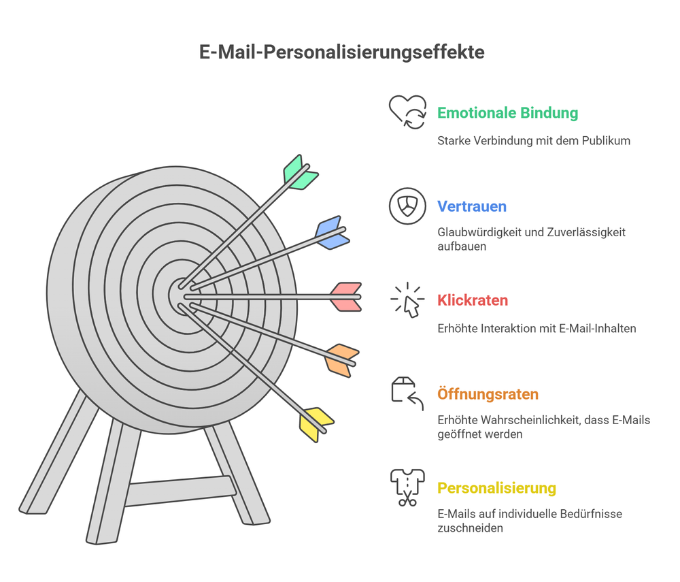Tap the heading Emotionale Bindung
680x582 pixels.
click(x=507, y=113)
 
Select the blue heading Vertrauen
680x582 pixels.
click(x=471, y=206)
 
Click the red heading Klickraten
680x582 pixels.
click(x=473, y=300)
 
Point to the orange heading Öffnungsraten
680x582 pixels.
click(x=488, y=394)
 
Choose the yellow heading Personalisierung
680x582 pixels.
click(x=496, y=488)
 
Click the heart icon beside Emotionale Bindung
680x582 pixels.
click(x=407, y=112)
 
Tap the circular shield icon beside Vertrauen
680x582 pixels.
click(x=407, y=206)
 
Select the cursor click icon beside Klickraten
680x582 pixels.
click(x=408, y=300)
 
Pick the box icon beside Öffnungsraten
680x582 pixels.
click(x=407, y=393)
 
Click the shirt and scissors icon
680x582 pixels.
click(x=407, y=487)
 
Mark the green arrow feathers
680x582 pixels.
click(x=300, y=173)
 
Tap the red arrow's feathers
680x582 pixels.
click(x=346, y=297)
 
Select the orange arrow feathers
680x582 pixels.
click(x=342, y=360)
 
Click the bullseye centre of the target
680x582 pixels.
click(x=182, y=295)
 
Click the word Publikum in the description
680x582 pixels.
click(x=607, y=141)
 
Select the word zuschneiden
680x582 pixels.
click(x=470, y=528)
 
